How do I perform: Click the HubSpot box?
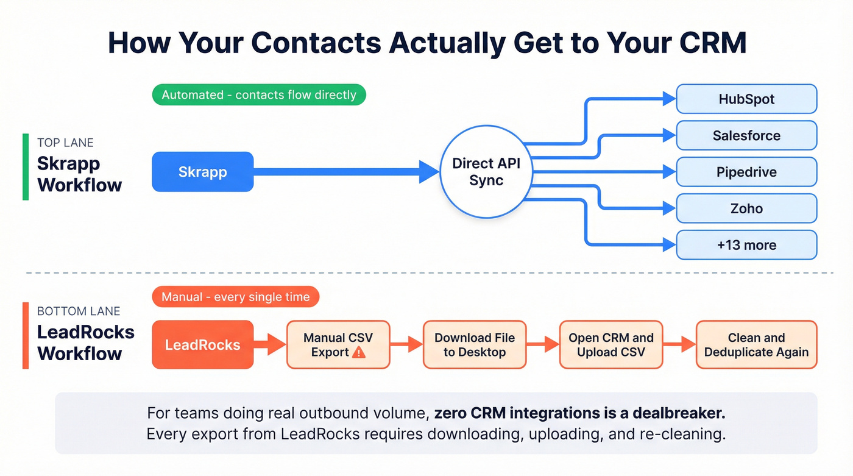(746, 99)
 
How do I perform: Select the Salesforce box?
(746, 135)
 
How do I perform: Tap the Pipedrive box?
(746, 172)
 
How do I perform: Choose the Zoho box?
(746, 208)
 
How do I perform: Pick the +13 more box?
(746, 245)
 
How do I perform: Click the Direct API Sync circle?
(486, 172)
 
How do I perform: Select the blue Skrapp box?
(202, 172)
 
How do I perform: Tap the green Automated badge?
(259, 95)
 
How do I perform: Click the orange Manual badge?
(235, 297)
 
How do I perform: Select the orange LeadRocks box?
(202, 344)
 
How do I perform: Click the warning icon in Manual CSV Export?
(359, 352)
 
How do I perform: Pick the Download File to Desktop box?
(474, 344)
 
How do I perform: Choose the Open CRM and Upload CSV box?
(611, 344)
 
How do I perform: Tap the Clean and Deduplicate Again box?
(756, 344)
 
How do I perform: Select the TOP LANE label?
(65, 143)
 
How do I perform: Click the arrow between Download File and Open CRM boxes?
(542, 344)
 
